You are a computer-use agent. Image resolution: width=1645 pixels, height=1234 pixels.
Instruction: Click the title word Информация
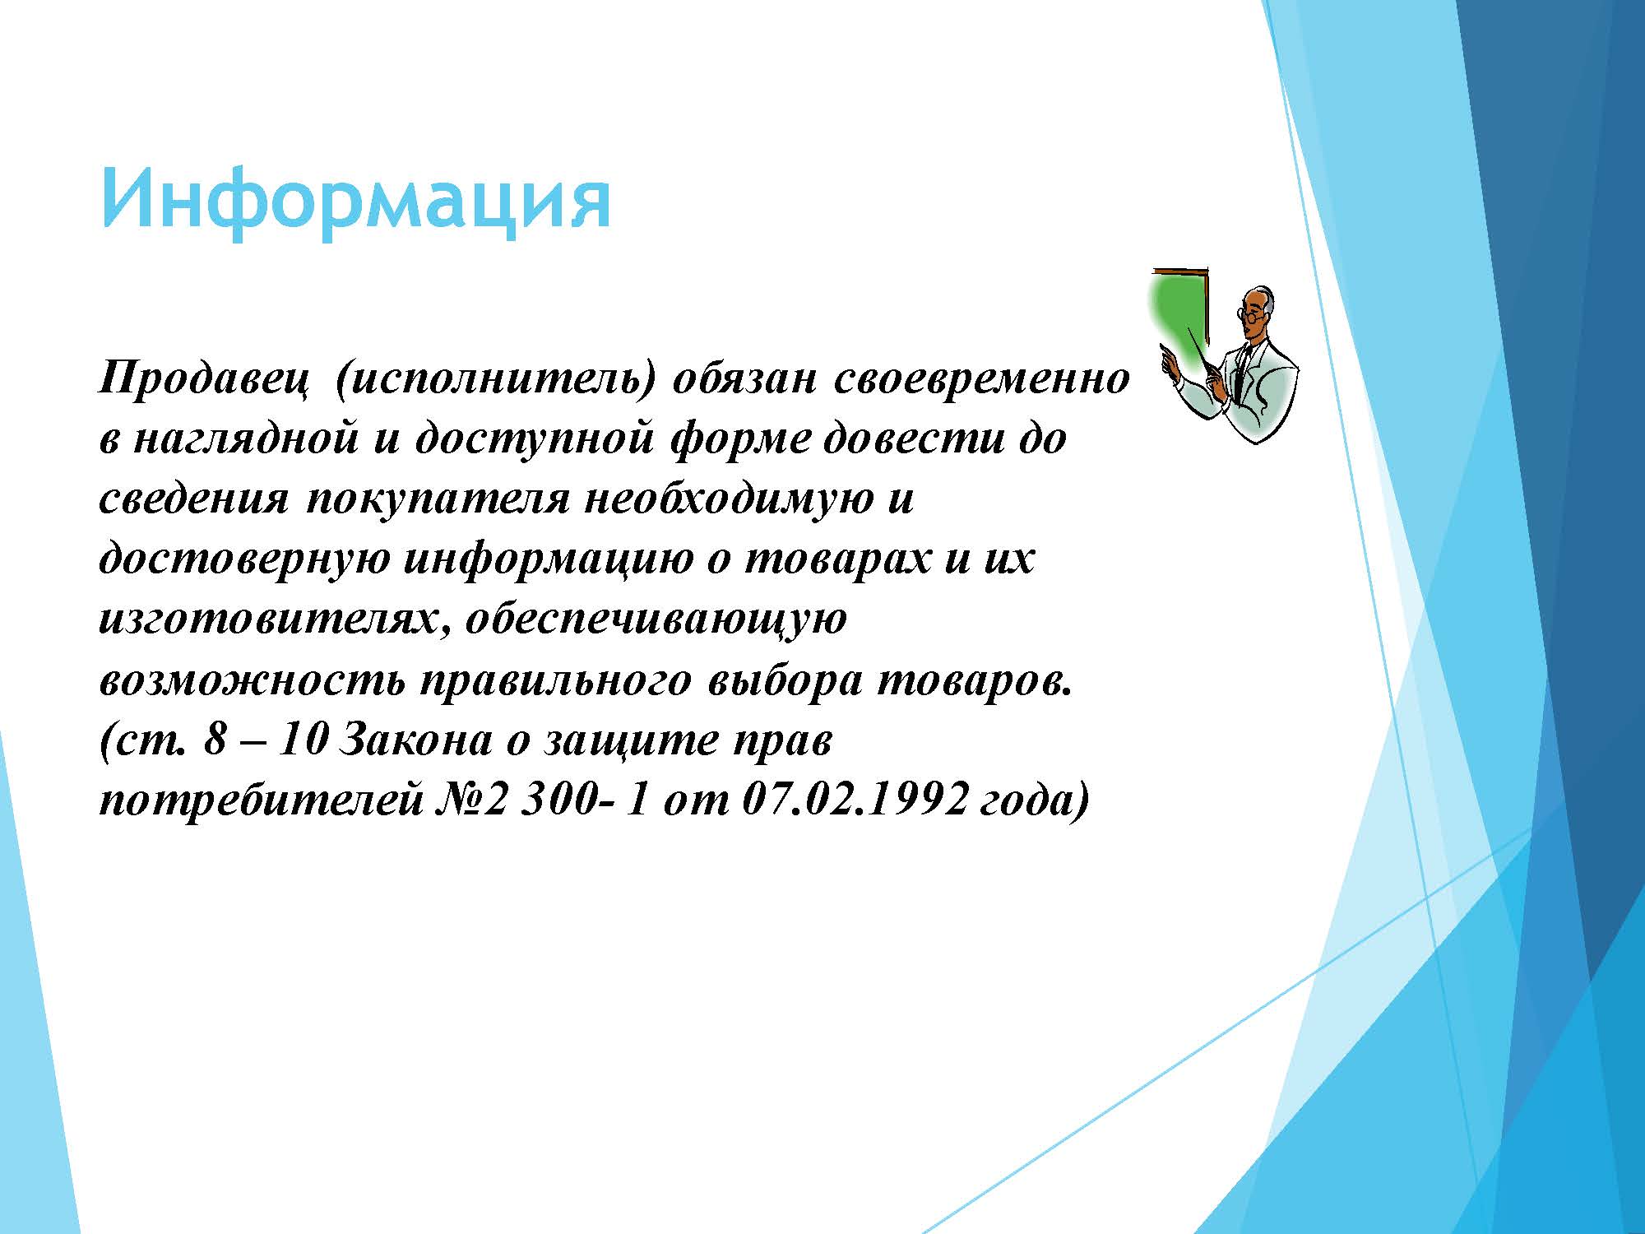355,202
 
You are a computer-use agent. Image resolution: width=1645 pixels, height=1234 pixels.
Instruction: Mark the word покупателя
438,500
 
